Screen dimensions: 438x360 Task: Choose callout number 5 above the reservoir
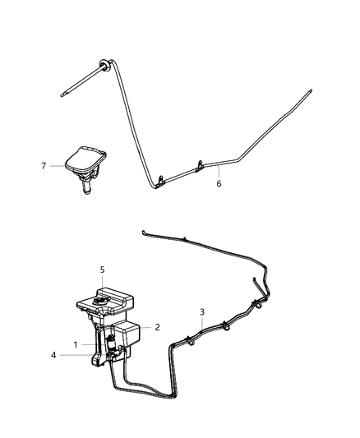point(101,269)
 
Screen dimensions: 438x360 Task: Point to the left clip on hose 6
point(160,176)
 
